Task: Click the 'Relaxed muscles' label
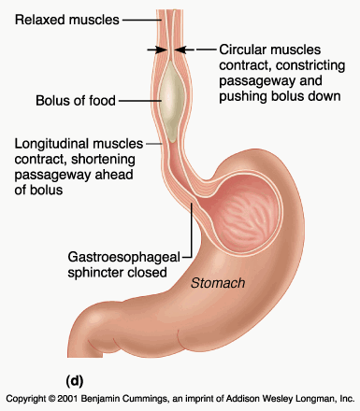pos(67,20)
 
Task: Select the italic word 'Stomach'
pos(218,283)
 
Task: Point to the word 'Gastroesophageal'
pos(124,258)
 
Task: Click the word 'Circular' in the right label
pos(241,50)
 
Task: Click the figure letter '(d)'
pos(75,380)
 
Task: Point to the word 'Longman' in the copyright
pos(321,399)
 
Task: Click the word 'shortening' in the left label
pos(103,160)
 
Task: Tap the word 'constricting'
pos(310,65)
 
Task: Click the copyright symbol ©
pos(51,399)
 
